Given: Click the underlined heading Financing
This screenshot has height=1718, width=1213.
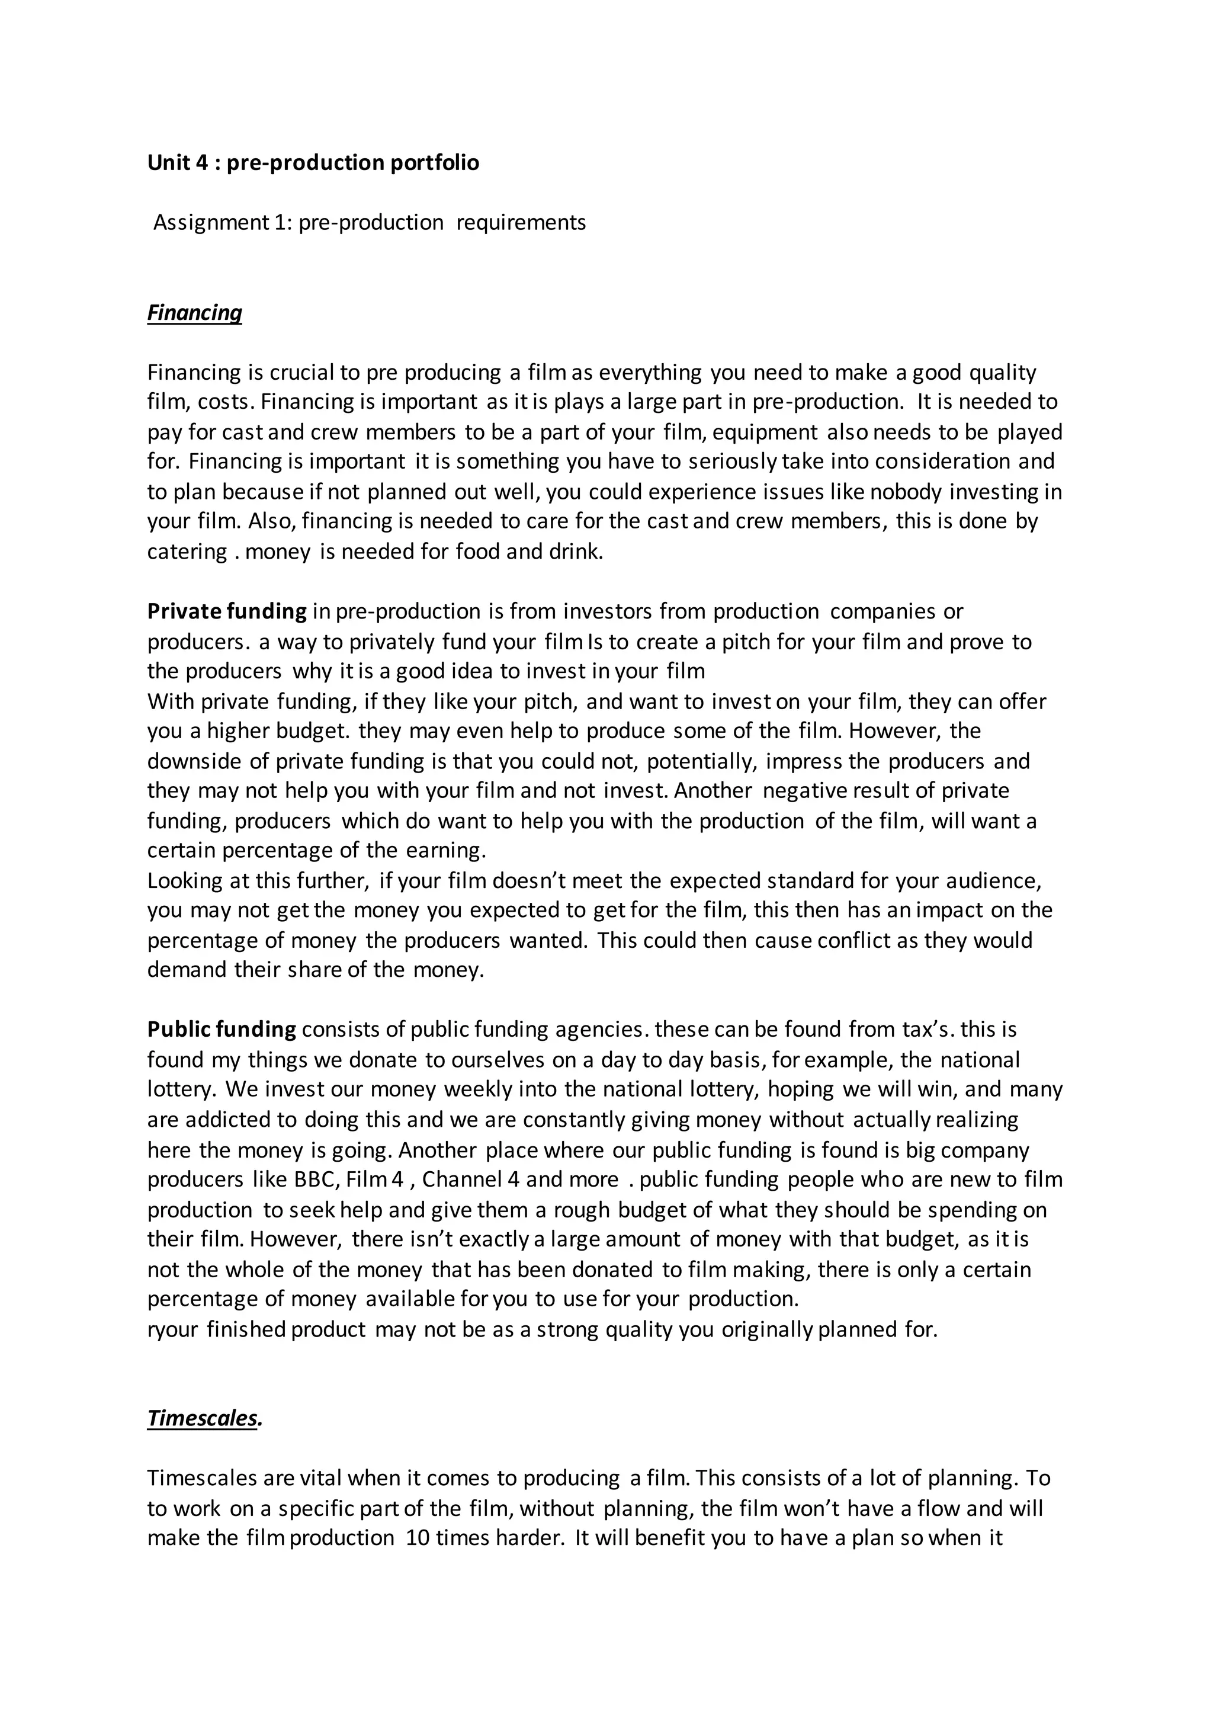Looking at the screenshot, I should (194, 312).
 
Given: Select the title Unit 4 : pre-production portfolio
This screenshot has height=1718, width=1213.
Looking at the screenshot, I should (313, 162).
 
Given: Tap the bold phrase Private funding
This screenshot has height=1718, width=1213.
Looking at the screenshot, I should (227, 611).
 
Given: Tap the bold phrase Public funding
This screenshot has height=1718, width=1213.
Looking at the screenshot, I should (222, 1030).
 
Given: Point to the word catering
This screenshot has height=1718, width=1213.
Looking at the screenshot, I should (187, 552).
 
